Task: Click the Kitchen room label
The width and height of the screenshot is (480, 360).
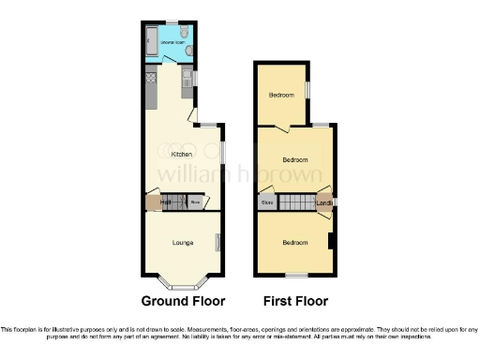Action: pos(181,154)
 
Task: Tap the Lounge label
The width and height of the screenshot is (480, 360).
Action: pos(183,243)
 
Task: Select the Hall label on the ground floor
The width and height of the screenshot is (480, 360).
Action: pos(165,202)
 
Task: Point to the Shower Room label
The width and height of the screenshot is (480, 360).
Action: pos(172,43)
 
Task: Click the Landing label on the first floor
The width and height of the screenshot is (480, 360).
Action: pos(324,202)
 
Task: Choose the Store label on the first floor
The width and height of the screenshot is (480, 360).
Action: pos(267,202)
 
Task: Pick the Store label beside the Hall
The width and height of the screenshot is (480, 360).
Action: pos(196,202)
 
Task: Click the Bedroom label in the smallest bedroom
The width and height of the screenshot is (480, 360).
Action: pos(280,95)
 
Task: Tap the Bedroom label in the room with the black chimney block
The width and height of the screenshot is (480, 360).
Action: pos(295,243)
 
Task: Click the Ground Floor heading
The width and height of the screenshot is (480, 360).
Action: pos(183,301)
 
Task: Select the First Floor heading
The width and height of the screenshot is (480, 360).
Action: pos(295,301)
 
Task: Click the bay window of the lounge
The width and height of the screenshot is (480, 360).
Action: pos(183,280)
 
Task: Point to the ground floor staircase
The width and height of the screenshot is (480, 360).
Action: pos(179,202)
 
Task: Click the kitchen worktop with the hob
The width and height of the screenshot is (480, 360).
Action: pos(149,88)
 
